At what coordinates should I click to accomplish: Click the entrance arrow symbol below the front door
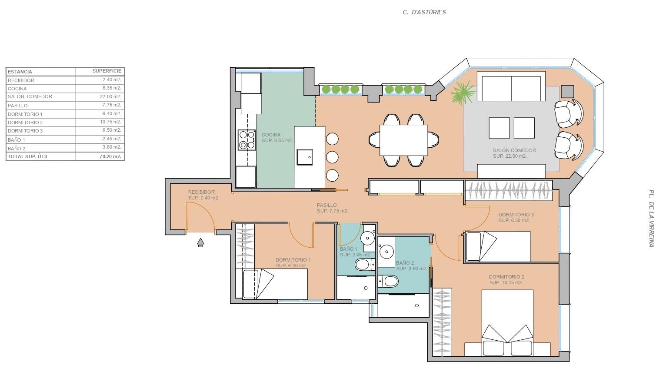click(201, 242)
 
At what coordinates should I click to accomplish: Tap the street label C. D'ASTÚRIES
click(424, 12)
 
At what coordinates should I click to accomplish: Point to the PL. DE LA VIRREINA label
click(651, 219)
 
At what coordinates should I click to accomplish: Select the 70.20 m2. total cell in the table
click(110, 156)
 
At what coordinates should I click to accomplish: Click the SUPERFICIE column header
click(107, 71)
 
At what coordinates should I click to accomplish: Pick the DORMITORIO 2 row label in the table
click(25, 123)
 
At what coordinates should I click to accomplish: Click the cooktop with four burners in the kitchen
click(246, 140)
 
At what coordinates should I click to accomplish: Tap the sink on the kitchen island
click(305, 157)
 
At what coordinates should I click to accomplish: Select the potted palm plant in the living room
click(463, 93)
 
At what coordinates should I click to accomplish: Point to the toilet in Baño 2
click(388, 281)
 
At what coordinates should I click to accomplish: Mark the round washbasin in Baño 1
click(368, 238)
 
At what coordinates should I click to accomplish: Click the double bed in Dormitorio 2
click(507, 323)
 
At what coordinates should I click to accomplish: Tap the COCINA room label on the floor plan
click(271, 135)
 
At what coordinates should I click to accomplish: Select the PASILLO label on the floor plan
click(326, 205)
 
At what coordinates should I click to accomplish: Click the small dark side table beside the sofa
click(567, 92)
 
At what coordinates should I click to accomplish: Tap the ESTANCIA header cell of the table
click(20, 72)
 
